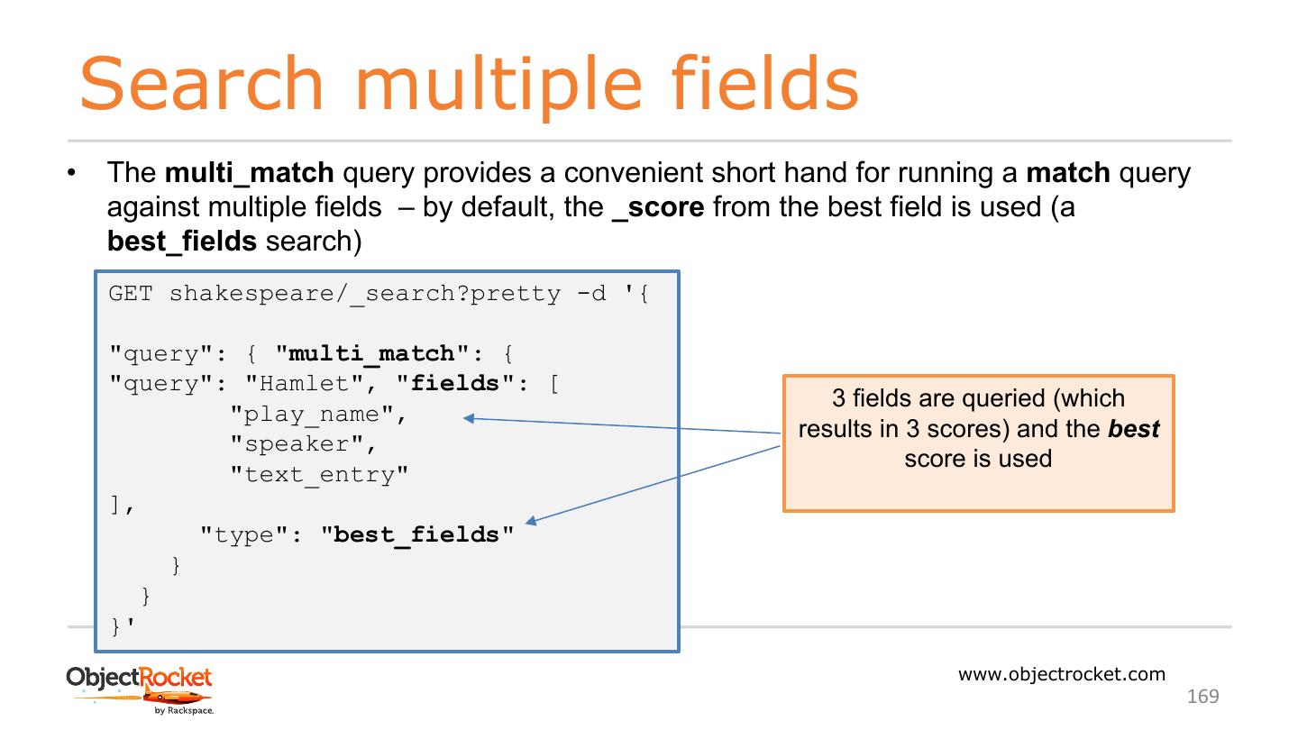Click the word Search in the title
point(201,83)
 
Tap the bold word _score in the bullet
point(657,207)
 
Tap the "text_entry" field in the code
point(319,475)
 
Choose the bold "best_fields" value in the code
point(416,534)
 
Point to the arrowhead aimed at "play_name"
point(468,418)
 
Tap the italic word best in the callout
point(1133,428)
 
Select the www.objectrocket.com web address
point(1061,674)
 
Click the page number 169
point(1202,696)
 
